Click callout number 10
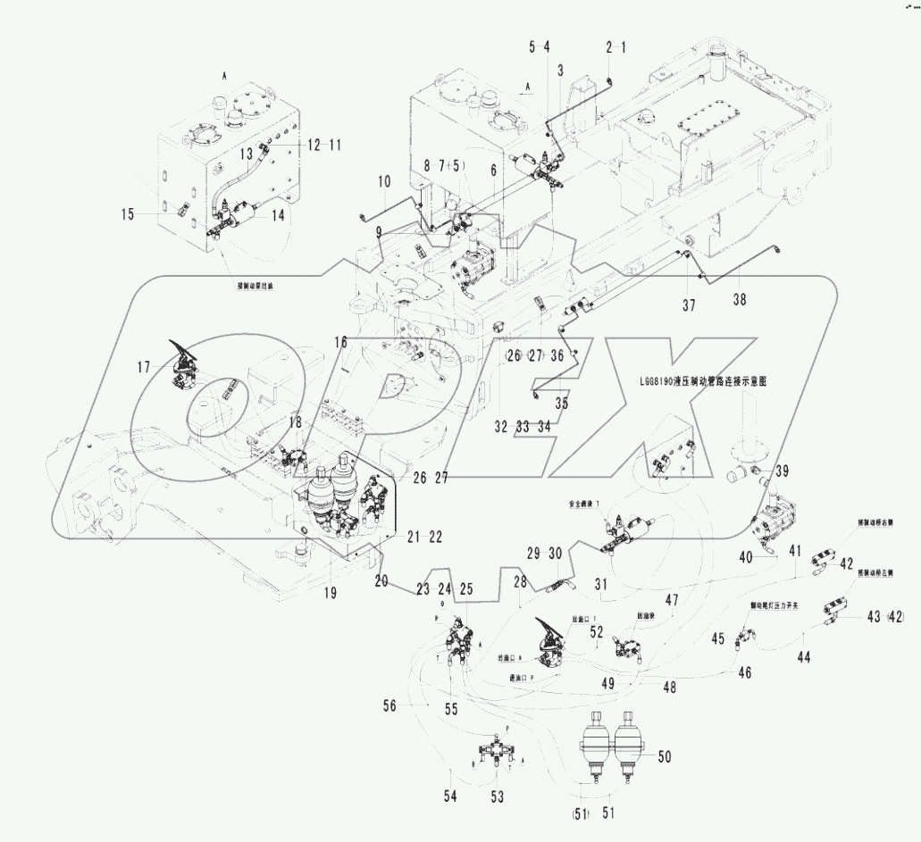pyautogui.click(x=383, y=181)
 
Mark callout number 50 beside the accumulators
pyautogui.click(x=664, y=757)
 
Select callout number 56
pyautogui.click(x=389, y=705)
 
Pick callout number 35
pyautogui.click(x=560, y=403)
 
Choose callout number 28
pyautogui.click(x=520, y=583)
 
